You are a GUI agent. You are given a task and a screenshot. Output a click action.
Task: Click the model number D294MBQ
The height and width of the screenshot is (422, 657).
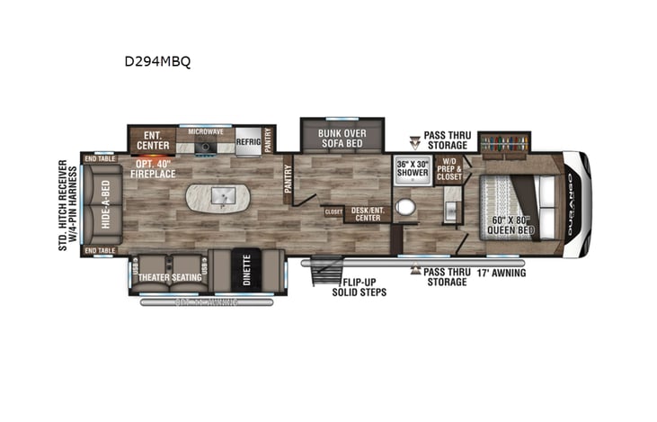point(158,62)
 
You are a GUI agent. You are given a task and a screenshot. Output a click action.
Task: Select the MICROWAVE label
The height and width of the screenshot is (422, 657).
point(205,131)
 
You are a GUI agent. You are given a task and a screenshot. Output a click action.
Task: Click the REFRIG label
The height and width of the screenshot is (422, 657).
point(248,141)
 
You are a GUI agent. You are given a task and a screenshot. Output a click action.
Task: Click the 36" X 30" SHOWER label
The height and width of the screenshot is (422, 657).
point(413,169)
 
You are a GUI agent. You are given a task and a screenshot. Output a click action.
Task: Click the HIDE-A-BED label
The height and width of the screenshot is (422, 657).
point(105,205)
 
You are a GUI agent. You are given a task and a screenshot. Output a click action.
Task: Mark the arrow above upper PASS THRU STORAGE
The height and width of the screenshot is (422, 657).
point(414,141)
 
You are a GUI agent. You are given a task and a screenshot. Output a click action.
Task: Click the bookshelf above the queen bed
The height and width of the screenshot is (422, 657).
point(504,142)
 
